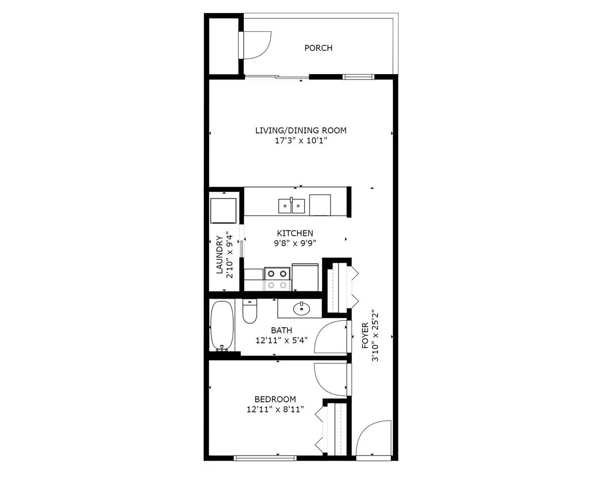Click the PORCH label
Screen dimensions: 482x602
click(x=318, y=48)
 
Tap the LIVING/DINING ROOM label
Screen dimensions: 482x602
click(x=301, y=130)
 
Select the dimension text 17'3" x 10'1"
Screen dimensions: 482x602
click(x=301, y=141)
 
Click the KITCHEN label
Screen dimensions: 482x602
click(x=295, y=233)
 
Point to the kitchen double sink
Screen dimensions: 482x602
click(x=292, y=206)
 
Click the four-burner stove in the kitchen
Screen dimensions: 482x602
click(x=277, y=279)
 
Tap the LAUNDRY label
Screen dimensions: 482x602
click(x=219, y=254)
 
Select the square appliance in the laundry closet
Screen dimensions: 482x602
click(x=223, y=210)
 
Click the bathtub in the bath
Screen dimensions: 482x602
click(x=222, y=326)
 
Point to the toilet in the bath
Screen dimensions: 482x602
click(x=250, y=311)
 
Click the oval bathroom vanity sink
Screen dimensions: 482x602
click(x=301, y=308)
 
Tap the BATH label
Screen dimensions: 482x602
click(x=281, y=330)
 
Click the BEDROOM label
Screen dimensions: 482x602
click(x=275, y=399)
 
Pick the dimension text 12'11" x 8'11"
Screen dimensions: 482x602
click(x=275, y=409)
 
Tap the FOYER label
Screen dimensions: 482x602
click(x=365, y=336)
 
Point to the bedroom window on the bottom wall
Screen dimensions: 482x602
click(x=265, y=457)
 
